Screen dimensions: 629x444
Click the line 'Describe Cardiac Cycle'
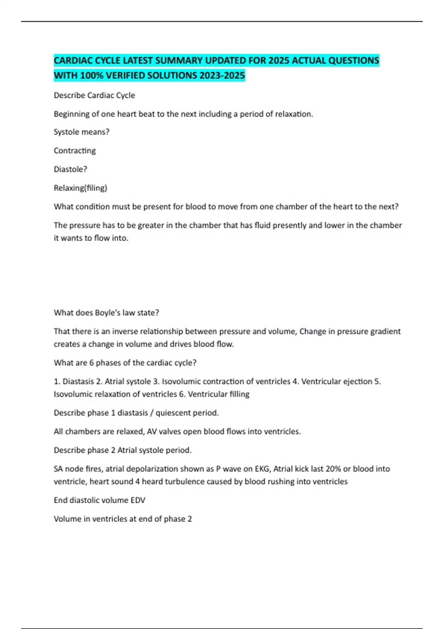coord(94,95)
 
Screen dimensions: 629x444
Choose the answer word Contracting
coord(75,151)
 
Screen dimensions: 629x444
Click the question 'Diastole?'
coord(70,169)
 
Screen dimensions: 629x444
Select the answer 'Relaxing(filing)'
coord(80,188)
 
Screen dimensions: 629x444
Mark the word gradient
coord(386,331)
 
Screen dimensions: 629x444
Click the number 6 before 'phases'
coord(92,363)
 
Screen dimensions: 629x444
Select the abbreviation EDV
coord(138,500)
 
